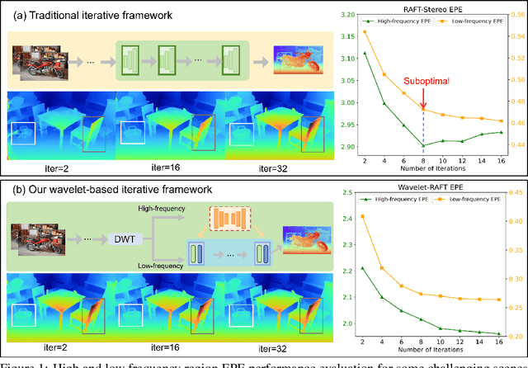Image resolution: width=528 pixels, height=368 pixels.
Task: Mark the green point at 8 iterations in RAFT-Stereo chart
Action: tap(422, 146)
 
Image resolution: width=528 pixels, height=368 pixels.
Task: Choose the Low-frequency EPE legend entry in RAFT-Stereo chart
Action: tap(471, 26)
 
